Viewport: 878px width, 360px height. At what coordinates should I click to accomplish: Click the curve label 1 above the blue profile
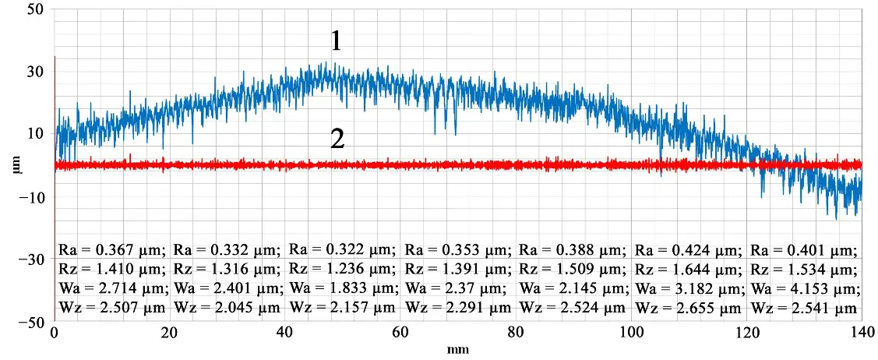pyautogui.click(x=336, y=41)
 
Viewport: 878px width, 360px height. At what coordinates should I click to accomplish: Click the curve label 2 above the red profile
pyautogui.click(x=337, y=139)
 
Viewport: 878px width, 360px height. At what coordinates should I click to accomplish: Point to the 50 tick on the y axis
pyautogui.click(x=35, y=10)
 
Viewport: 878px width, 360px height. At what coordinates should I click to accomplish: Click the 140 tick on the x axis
pyautogui.click(x=862, y=332)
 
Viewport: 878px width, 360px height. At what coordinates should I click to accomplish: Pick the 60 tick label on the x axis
pyautogui.click(x=400, y=332)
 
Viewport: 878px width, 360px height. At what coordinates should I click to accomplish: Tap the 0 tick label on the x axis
pyautogui.click(x=54, y=332)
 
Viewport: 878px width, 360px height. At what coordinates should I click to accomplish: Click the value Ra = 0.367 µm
pyautogui.click(x=112, y=250)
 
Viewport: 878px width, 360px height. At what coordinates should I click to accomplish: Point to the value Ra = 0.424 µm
pyautogui.click(x=689, y=250)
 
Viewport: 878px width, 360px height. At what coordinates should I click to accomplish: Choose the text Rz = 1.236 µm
pyautogui.click(x=342, y=269)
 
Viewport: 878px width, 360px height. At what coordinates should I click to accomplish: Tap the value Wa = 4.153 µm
pyautogui.click(x=804, y=288)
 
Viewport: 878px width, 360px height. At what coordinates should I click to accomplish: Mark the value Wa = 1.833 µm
pyautogui.click(x=342, y=288)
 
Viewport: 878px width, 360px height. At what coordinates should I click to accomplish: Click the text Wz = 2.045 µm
pyautogui.click(x=227, y=307)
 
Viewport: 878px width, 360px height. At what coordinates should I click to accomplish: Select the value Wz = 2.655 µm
pyautogui.click(x=689, y=307)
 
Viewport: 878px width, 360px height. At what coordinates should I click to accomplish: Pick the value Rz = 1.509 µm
pyautogui.click(x=573, y=269)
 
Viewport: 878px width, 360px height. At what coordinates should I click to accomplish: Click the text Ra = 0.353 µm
pyautogui.click(x=457, y=250)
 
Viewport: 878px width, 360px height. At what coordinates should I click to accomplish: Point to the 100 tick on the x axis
pyautogui.click(x=631, y=332)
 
